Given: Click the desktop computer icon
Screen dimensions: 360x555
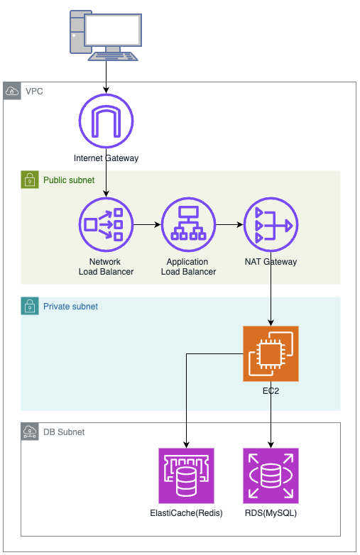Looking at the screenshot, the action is pos(106,35).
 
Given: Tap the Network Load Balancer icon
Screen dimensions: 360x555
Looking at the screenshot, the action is pos(107,225).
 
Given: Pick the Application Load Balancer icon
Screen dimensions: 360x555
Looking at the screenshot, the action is pos(188,225).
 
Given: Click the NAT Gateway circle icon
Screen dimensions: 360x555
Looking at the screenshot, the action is pos(271,225).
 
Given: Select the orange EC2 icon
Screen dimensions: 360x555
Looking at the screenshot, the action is pos(271,353).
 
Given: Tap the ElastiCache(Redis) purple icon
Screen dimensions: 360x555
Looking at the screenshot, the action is pos(186,476).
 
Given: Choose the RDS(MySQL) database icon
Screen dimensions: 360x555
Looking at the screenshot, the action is pos(271,476).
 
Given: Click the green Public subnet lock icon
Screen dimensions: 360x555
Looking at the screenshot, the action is pos(30,180).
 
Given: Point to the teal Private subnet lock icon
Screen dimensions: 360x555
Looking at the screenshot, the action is pos(30,306).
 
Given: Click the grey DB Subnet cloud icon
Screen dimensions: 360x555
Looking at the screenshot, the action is pos(30,432).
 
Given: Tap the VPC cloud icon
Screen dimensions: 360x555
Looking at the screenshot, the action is pos(12,91).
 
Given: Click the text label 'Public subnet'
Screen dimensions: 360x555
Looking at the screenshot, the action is pos(69,180).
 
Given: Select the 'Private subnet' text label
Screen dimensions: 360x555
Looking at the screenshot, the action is pos(70,307).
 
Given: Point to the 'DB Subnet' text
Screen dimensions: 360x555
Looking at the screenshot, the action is pos(64,432).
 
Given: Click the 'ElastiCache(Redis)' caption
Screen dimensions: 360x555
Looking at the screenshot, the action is pos(186,513).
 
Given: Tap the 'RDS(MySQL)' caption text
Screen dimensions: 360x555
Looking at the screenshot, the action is pos(271,513).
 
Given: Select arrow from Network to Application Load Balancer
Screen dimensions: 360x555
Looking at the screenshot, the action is pos(147,225).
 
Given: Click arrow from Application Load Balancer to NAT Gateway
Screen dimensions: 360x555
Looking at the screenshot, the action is pos(230,225).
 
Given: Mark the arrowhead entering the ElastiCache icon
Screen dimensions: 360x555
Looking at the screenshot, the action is pos(186,445).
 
